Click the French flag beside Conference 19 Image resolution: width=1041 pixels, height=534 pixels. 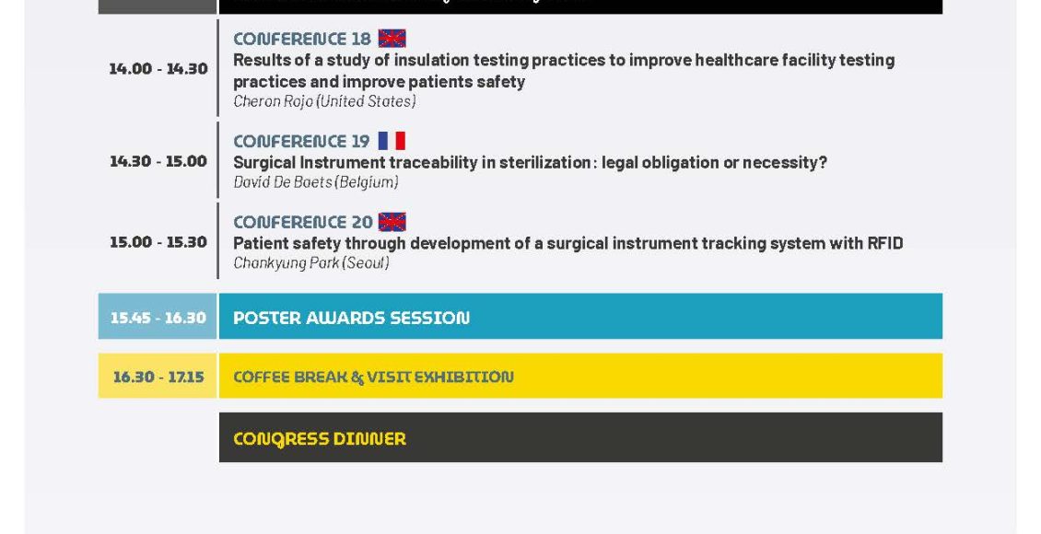pos(392,141)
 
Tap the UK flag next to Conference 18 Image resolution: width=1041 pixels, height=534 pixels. pos(392,39)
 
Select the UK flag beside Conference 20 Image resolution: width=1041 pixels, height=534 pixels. pos(392,222)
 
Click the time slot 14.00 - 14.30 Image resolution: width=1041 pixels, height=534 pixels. pos(158,68)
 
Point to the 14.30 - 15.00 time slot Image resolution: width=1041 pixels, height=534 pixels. pos(158,161)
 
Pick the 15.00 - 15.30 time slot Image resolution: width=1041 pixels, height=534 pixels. pos(158,242)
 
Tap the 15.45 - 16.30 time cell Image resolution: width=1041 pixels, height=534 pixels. pos(158,317)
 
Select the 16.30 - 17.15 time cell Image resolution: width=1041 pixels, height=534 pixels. pos(158,377)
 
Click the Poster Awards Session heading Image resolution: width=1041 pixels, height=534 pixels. pos(351,318)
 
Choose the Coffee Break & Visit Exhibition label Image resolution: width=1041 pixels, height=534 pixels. pos(373,377)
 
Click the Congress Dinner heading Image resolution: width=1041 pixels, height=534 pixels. pos(320,438)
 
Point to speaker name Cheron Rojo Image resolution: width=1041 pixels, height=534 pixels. pos(273,101)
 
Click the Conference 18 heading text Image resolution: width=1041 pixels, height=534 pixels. pos(302,39)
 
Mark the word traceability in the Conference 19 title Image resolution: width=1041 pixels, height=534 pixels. pos(433,163)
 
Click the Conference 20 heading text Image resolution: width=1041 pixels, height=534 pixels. pos(303,222)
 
